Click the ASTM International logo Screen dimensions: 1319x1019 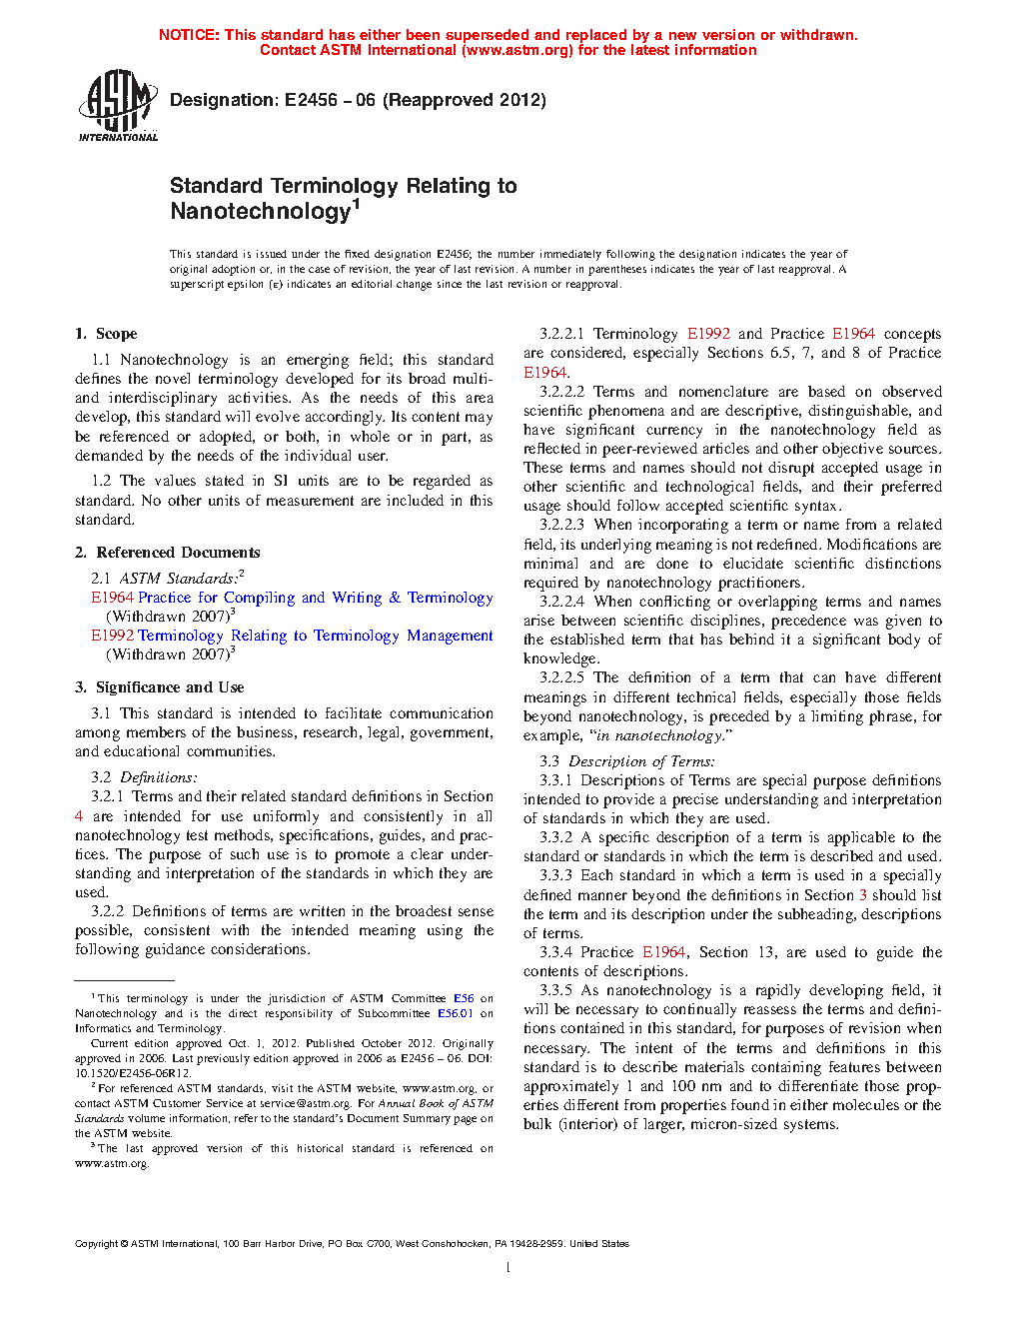[117, 105]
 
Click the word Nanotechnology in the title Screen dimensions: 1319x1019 [260, 212]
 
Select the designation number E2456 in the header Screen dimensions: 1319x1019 [311, 100]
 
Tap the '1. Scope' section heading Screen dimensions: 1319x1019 [106, 334]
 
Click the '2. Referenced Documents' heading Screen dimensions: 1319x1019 [167, 553]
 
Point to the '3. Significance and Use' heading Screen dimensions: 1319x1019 [159, 687]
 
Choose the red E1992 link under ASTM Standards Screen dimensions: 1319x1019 [112, 636]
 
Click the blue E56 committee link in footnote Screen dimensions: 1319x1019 [464, 998]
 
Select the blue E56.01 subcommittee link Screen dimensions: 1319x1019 [456, 1013]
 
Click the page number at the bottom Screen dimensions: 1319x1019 [509, 1268]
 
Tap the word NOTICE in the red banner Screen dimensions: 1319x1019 [189, 35]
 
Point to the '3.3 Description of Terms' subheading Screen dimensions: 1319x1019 [627, 761]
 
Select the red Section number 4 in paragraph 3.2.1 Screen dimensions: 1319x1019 [79, 816]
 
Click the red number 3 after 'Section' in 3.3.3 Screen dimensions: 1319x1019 [863, 895]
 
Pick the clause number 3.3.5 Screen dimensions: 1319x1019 [555, 990]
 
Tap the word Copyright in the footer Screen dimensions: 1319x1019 [96, 1244]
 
